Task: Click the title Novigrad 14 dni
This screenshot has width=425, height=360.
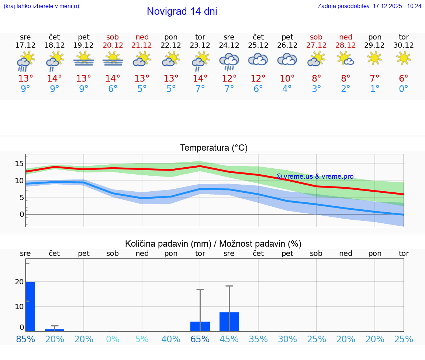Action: coord(182,11)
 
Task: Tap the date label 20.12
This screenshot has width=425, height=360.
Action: coord(113,45)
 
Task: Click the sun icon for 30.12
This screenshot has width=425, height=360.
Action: coord(404,58)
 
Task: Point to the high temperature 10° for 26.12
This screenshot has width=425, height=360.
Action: coord(287,79)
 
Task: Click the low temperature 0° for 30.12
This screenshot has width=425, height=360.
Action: coord(404,89)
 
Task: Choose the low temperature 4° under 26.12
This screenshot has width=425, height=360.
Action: coord(287,89)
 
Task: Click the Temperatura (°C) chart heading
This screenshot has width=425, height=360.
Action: coord(214,148)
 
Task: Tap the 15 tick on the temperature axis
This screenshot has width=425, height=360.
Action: coord(19,164)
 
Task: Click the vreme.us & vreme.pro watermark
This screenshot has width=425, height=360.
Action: coord(315,176)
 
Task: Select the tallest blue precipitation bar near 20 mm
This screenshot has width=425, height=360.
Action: coord(30,306)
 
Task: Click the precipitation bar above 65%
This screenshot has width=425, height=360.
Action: coord(200,326)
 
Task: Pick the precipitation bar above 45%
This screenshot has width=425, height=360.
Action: coord(229,322)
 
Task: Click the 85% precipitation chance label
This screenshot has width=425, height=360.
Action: coord(25,339)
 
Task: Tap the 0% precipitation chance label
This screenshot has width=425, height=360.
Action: coord(113,339)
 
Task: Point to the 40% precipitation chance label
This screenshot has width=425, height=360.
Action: coord(171,339)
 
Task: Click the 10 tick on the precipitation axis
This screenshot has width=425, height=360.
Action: coord(19,306)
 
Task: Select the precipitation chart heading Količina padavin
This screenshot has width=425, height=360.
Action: coord(213,244)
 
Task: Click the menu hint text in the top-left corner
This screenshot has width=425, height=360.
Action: coord(41,6)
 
